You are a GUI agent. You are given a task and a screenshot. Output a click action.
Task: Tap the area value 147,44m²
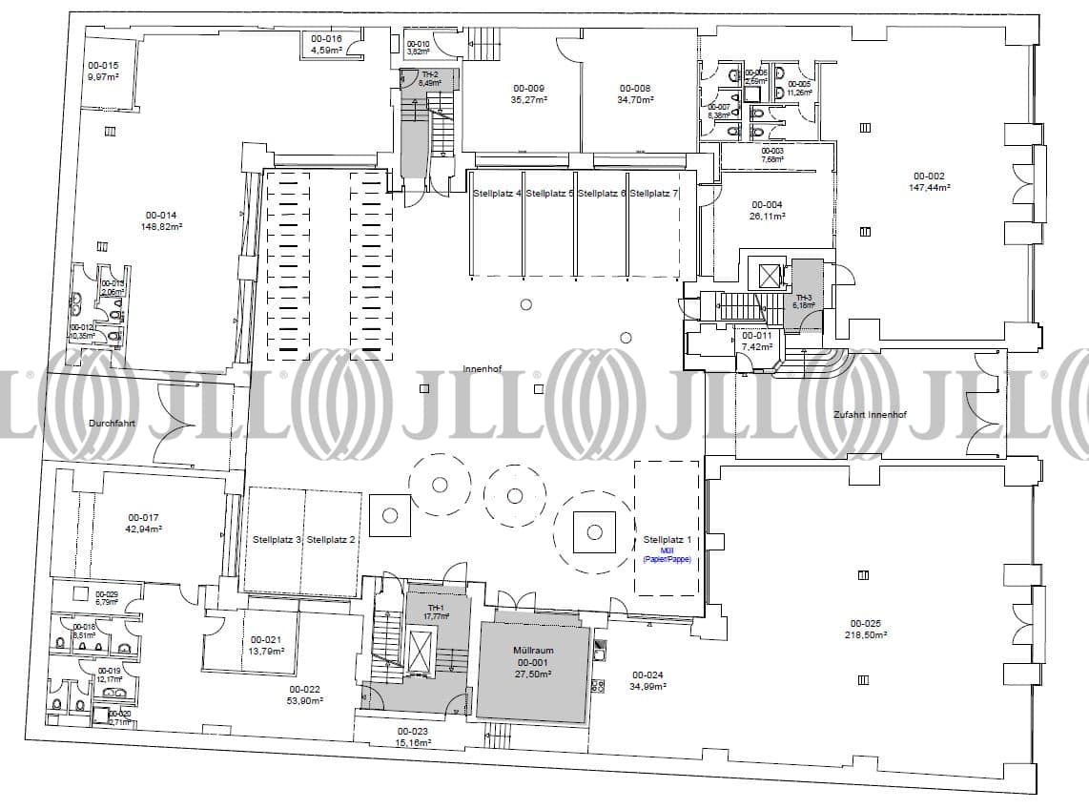click(x=929, y=188)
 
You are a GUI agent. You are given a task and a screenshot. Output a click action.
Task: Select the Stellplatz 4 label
click(x=497, y=194)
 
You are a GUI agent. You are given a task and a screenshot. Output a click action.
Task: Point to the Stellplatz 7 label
click(x=654, y=194)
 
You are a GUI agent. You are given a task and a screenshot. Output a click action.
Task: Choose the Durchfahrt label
click(x=111, y=422)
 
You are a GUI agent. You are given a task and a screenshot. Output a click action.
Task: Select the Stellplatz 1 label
click(x=667, y=540)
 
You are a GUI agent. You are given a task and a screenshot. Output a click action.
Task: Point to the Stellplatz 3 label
click(x=277, y=540)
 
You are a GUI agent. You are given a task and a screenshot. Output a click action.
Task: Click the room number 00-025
click(x=863, y=623)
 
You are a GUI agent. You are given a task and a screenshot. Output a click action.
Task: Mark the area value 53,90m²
click(x=305, y=700)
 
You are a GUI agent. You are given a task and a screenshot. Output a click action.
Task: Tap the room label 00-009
click(x=527, y=88)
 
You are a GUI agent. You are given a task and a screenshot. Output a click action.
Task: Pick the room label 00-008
click(x=634, y=88)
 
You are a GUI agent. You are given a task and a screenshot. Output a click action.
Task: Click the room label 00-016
click(x=326, y=39)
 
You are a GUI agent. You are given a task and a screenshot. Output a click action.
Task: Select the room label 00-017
click(x=142, y=517)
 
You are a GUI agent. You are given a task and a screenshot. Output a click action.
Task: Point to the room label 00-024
click(x=647, y=674)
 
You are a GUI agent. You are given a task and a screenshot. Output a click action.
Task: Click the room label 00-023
click(x=413, y=731)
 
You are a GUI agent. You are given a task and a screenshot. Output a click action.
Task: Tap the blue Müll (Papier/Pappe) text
click(x=667, y=555)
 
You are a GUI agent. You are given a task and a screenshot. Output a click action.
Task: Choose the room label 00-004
click(x=767, y=204)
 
